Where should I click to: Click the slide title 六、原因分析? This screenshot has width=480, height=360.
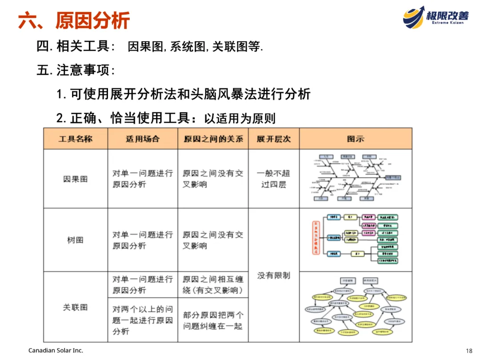tap(74, 20)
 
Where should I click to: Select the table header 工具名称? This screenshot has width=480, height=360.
tap(75, 139)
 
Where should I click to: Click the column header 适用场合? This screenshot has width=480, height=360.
tap(142, 139)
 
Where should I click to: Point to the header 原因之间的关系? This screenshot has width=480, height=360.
tap(213, 139)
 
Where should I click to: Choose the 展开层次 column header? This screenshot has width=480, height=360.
tap(274, 139)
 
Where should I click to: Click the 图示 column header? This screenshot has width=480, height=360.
tap(356, 139)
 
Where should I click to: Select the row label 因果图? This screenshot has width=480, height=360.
tap(75, 179)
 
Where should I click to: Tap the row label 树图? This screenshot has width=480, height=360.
tap(75, 240)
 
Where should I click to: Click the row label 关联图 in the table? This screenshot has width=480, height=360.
tap(75, 307)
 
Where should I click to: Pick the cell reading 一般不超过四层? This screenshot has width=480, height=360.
tap(274, 179)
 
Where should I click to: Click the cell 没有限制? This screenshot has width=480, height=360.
tap(274, 276)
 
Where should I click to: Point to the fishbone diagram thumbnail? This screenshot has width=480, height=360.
tap(356, 179)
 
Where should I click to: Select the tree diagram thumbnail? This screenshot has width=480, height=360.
tap(356, 240)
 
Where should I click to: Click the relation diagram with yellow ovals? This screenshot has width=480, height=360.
tap(356, 307)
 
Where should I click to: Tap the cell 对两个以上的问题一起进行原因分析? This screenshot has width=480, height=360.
tap(142, 320)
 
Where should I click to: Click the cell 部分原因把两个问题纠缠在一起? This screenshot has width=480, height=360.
tap(213, 320)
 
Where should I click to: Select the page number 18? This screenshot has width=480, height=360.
tap(469, 351)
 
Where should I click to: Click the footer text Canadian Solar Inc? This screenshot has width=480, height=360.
tap(56, 351)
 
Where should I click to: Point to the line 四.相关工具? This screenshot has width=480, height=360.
tap(150, 46)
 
